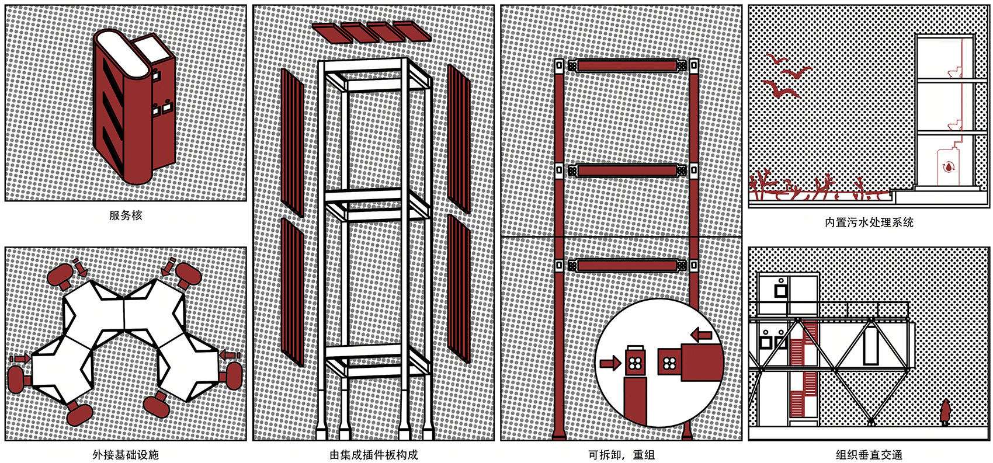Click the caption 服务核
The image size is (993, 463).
(126, 216)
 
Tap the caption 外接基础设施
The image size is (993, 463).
(126, 455)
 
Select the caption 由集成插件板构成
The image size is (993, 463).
(374, 455)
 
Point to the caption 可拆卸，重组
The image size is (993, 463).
(621, 455)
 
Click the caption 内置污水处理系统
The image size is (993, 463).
(869, 222)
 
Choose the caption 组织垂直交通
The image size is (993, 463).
(869, 455)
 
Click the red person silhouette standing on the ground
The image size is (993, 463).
(945, 412)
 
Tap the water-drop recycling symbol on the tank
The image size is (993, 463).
(948, 168)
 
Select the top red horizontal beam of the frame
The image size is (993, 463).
(627, 66)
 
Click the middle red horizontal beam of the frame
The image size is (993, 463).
(627, 170)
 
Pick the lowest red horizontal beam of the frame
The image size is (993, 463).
(627, 266)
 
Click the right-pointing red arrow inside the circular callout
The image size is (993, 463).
(610, 364)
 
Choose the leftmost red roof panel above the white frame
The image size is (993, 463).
(332, 33)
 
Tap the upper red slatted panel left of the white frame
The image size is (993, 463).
(293, 142)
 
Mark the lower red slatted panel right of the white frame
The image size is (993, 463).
(459, 288)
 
